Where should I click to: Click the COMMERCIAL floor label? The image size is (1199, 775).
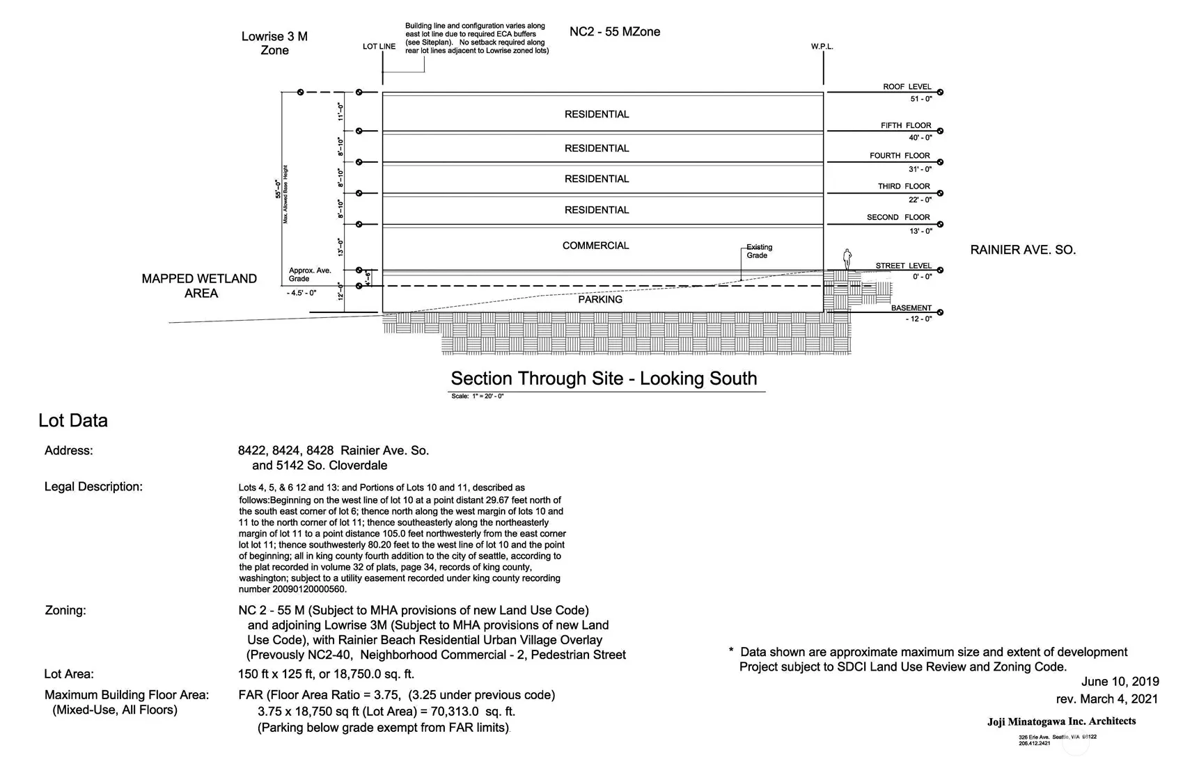tap(595, 246)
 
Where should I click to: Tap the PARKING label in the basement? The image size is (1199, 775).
tap(599, 299)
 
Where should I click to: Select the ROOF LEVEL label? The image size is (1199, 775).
tap(907, 87)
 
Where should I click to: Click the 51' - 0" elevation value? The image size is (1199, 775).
tap(920, 99)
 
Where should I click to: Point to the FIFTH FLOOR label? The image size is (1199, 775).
tap(905, 126)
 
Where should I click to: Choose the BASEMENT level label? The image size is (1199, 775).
tap(911, 308)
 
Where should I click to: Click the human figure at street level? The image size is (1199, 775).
tap(847, 259)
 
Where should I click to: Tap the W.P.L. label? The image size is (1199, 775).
tap(822, 47)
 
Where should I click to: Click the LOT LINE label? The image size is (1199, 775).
tap(379, 47)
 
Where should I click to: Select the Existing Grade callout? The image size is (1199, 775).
tap(758, 251)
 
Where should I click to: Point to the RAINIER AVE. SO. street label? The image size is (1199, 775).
tap(1022, 250)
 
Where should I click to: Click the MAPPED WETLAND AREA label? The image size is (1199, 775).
tap(199, 286)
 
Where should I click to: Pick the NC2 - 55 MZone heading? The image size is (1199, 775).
tap(614, 31)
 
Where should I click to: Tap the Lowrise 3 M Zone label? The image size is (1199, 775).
tap(274, 43)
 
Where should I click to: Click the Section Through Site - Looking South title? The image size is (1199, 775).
tap(604, 378)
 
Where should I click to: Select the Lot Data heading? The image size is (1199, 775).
tap(73, 420)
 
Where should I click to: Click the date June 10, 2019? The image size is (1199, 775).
tap(1120, 682)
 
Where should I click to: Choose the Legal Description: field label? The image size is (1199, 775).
tap(93, 486)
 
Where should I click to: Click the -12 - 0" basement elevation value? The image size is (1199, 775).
tap(918, 319)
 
